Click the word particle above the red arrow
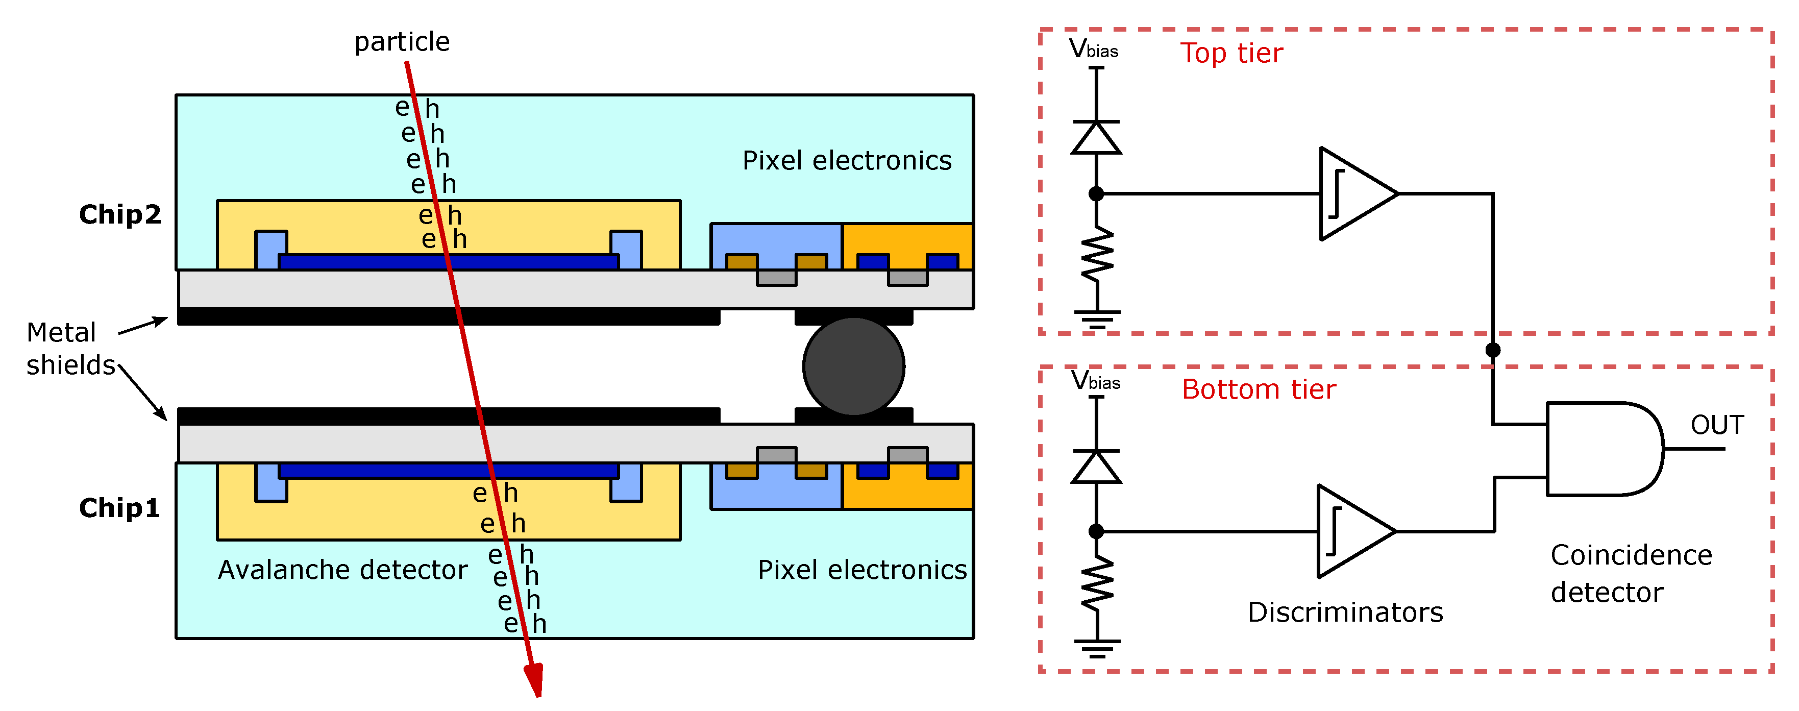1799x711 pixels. [402, 42]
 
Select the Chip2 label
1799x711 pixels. [119, 214]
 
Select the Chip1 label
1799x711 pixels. [119, 508]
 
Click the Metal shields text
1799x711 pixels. [70, 349]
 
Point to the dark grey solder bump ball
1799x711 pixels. [853, 366]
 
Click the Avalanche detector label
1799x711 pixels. [342, 570]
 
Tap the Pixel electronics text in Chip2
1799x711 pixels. [847, 161]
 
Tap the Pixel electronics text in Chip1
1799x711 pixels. [862, 570]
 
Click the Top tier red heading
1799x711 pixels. [1231, 53]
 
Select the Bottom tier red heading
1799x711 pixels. [1259, 389]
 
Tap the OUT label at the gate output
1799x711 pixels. [1717, 425]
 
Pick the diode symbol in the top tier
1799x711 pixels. [1096, 138]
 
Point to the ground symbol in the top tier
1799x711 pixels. [1096, 319]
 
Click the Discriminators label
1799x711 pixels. [1344, 612]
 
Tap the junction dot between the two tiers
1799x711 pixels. [1492, 350]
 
